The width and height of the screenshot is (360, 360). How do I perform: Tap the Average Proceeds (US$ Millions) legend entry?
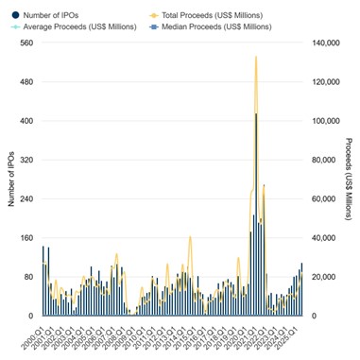(x=82, y=26)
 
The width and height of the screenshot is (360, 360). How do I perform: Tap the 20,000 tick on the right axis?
(x=322, y=277)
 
